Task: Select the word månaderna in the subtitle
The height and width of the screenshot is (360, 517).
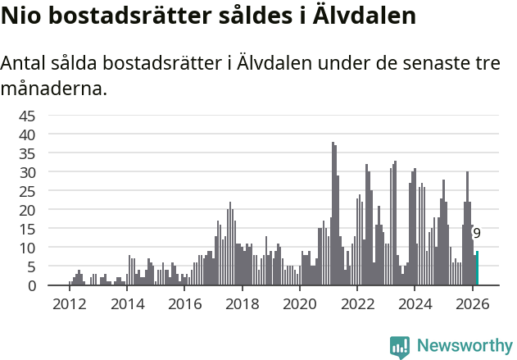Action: coord(54,88)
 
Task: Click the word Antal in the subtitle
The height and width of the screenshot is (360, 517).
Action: coord(25,64)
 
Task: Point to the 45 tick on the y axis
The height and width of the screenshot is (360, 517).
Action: coord(27,115)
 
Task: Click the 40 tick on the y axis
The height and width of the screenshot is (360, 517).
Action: coord(27,134)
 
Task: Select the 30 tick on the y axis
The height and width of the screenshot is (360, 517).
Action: coord(27,172)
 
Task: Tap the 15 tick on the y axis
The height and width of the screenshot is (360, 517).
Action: coord(27,229)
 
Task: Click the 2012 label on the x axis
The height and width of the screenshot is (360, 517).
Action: coord(69,303)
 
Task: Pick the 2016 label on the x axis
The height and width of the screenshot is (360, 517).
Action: coord(184,303)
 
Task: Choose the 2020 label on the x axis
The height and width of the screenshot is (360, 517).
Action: coord(300,303)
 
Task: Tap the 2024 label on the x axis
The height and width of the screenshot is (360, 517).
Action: coord(415,303)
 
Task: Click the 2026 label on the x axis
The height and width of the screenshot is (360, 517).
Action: coord(473,303)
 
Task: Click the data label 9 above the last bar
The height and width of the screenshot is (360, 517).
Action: coord(477,234)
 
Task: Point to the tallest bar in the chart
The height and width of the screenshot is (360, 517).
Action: coord(333,214)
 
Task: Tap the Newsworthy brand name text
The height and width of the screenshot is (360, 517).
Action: coord(464,346)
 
